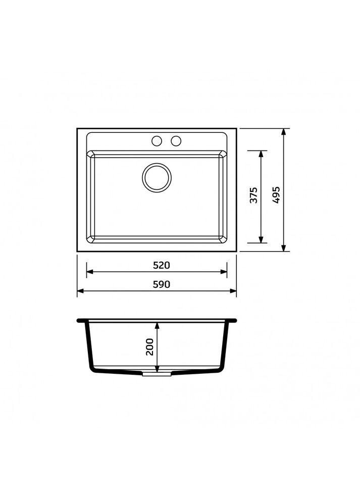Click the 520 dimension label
pos(161,265)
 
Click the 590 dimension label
pos(161,284)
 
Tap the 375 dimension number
pos(253,195)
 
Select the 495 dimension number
pos(276,195)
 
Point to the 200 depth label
pos(149,346)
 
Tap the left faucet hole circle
pos(157,141)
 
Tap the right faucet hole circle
pos(176,141)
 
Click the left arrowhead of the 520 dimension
pos(90,272)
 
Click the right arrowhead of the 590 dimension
pos(233,291)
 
